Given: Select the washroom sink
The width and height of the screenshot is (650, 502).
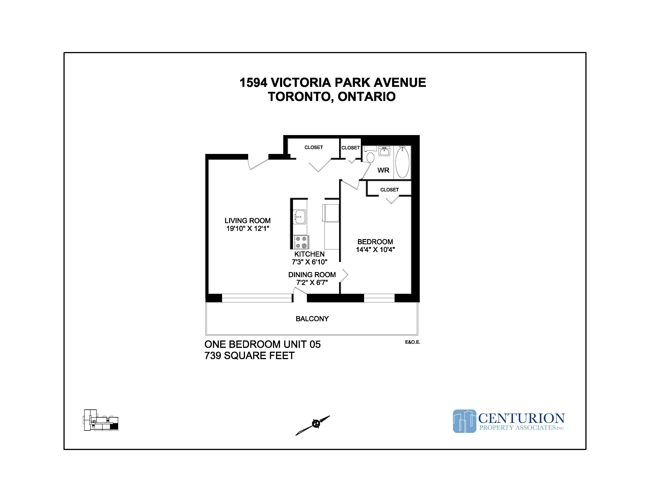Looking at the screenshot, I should (x=384, y=152).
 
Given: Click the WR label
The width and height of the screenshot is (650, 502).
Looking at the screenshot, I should (x=383, y=170).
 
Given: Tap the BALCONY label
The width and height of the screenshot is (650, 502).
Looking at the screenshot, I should (x=312, y=319).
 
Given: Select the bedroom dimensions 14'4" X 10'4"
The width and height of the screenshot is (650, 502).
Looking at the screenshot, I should (x=375, y=250).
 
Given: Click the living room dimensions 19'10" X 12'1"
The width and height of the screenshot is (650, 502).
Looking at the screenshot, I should (x=248, y=228).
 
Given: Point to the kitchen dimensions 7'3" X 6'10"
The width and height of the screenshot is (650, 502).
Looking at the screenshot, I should (x=310, y=262).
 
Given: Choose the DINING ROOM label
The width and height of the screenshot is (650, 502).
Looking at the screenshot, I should (x=312, y=275).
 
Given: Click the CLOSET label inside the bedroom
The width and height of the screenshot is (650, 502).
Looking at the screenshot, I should (x=389, y=190).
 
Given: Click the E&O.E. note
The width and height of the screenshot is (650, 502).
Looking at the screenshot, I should (x=412, y=342).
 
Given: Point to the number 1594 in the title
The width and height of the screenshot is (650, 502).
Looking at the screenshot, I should (x=253, y=83).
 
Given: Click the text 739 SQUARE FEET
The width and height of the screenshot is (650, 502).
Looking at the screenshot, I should (x=249, y=356).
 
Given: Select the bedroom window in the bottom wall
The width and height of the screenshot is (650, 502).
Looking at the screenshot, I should (x=379, y=298).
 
